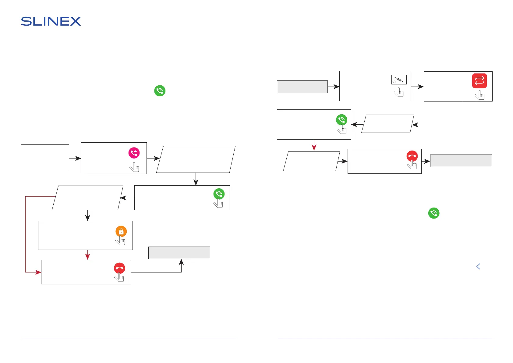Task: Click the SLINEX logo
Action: point(51,21)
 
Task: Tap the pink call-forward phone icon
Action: point(134,153)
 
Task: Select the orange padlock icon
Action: point(121,231)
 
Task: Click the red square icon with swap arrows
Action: point(479,81)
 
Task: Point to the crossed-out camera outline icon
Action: point(399,80)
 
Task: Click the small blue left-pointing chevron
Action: point(478,266)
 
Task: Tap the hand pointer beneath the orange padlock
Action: point(121,240)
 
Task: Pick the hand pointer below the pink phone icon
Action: point(134,167)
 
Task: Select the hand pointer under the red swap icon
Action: point(480,95)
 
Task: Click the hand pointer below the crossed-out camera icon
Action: point(399,92)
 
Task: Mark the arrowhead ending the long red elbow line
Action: point(38,272)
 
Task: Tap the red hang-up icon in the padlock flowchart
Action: point(119,268)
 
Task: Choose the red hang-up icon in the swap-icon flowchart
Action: point(412,156)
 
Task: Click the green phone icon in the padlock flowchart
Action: point(219,194)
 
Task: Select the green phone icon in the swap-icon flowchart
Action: point(341,120)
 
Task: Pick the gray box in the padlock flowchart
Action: point(179,253)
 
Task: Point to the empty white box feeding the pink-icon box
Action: point(45,157)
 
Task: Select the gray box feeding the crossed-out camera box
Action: point(302,87)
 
